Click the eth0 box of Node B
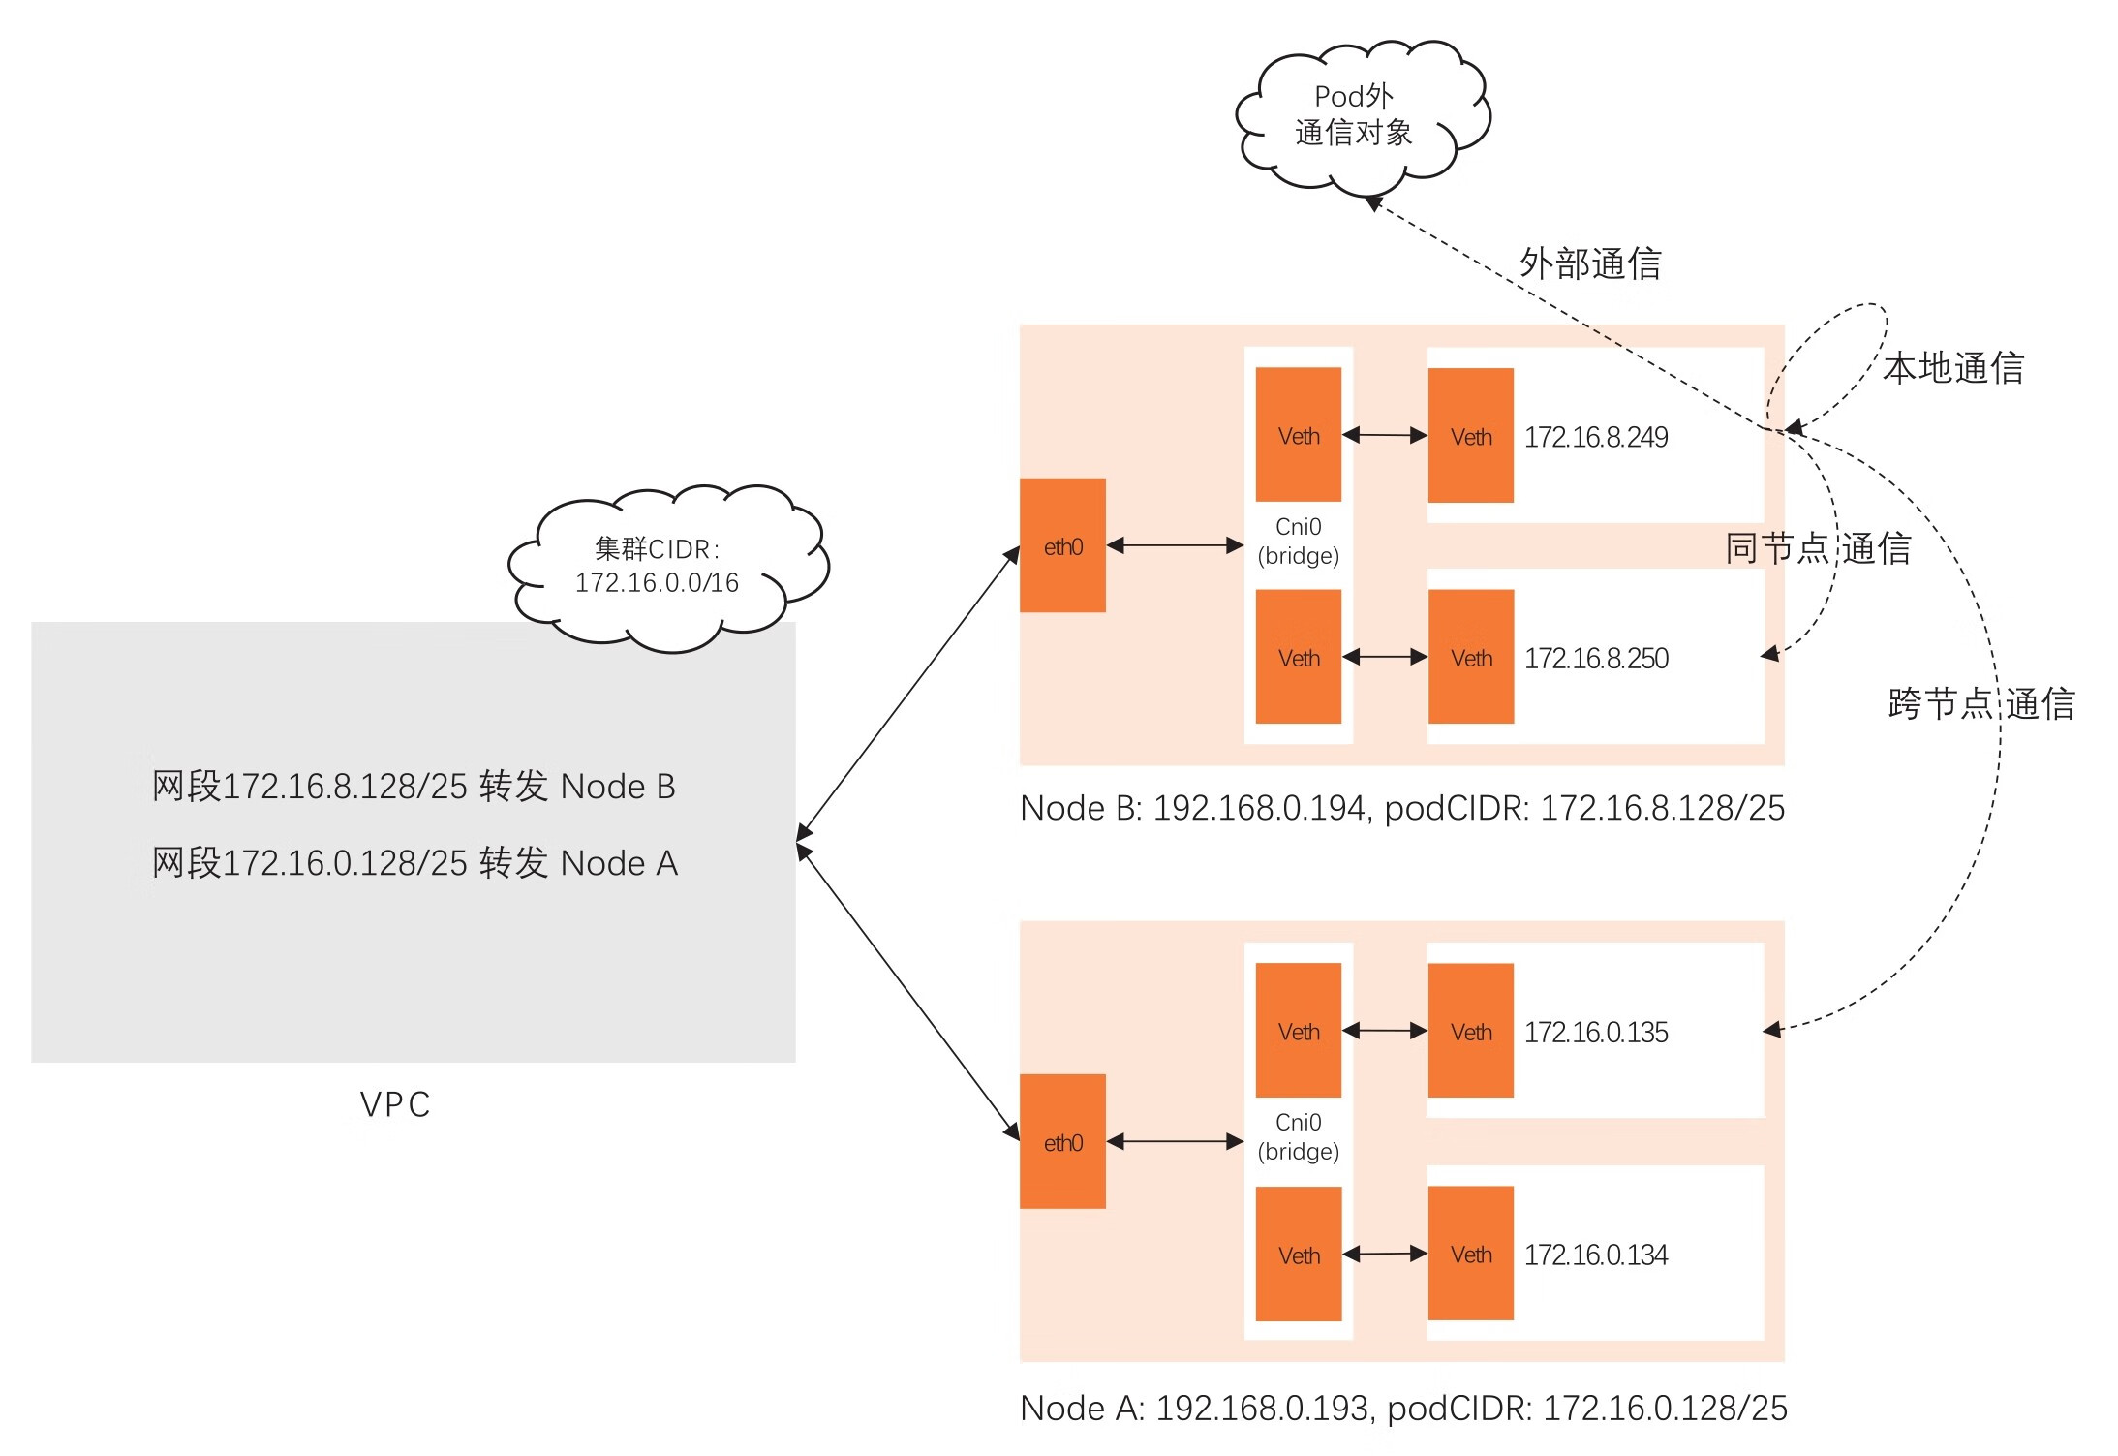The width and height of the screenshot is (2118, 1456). coord(1062,545)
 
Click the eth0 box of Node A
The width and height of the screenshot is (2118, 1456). coord(1062,1141)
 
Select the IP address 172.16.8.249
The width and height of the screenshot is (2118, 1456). coord(1595,437)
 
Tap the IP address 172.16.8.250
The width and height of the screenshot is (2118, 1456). coord(1595,659)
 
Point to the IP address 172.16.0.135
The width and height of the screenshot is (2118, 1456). coord(1595,1032)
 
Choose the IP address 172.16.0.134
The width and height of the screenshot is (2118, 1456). coord(1595,1255)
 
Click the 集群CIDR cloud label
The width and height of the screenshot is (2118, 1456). coord(658,566)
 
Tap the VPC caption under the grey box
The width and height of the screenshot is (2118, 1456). coord(395,1104)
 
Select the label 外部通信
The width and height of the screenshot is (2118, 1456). coord(1590,263)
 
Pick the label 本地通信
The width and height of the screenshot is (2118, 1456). coord(1953,369)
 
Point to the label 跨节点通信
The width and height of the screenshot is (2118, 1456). coord(1981,704)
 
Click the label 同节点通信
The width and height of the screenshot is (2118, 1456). coord(1818,548)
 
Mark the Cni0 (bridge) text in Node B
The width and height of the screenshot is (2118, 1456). coord(1298,542)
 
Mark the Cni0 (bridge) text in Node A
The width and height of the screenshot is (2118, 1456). coord(1298,1136)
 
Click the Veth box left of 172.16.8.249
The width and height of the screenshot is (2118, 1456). coord(1470,436)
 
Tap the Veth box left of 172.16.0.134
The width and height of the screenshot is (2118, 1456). coord(1470,1254)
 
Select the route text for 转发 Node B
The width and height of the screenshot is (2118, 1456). coord(414,786)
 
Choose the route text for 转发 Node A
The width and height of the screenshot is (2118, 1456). coord(414,862)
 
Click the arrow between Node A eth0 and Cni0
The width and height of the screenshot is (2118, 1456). coord(1174,1141)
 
